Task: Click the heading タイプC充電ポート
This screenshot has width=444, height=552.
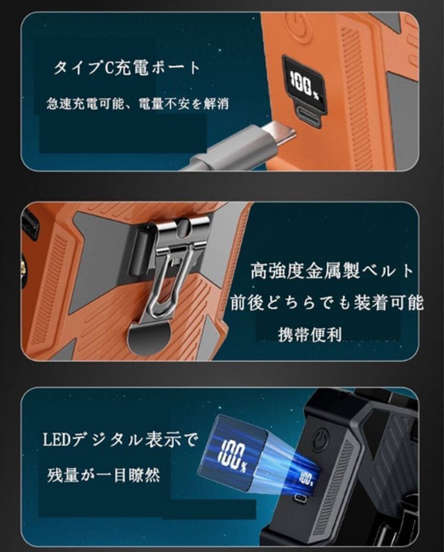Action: point(127,68)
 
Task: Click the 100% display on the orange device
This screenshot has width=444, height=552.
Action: point(304,83)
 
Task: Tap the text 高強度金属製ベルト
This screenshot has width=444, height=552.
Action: point(331,272)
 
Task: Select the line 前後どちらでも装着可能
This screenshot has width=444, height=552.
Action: point(326,303)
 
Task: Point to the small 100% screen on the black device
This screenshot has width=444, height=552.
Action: point(306,479)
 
